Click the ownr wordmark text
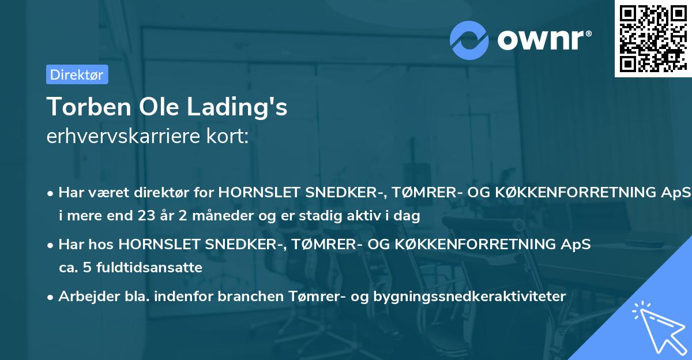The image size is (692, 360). click(543, 39)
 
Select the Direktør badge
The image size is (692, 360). click(77, 74)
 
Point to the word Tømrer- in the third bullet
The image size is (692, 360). click(311, 297)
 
